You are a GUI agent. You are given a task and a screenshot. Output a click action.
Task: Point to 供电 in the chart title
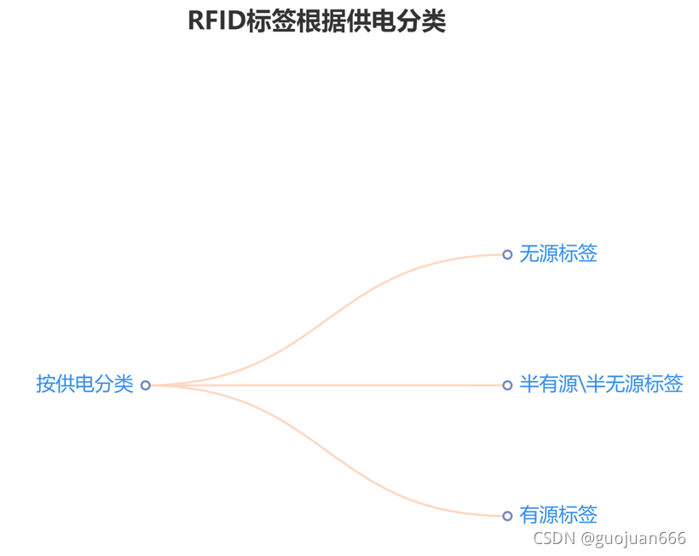click(x=380, y=21)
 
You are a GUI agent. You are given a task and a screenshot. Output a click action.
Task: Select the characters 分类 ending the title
click(x=425, y=21)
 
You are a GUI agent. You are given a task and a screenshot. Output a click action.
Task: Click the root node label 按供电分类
click(x=84, y=385)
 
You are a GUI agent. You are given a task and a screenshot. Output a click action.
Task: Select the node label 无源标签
click(x=558, y=253)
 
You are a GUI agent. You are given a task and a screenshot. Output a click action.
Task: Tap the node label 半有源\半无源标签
click(x=601, y=385)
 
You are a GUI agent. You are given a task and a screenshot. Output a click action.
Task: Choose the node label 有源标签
click(x=558, y=515)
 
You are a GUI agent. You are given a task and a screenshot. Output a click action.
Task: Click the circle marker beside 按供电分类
click(x=145, y=385)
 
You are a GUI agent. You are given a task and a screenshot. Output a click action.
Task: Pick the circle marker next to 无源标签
click(x=507, y=254)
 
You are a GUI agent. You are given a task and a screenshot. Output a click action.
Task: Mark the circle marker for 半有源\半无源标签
click(x=507, y=385)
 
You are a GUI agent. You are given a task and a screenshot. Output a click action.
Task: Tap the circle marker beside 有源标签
click(x=507, y=516)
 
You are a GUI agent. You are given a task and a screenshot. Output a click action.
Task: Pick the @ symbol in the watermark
click(x=588, y=539)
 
